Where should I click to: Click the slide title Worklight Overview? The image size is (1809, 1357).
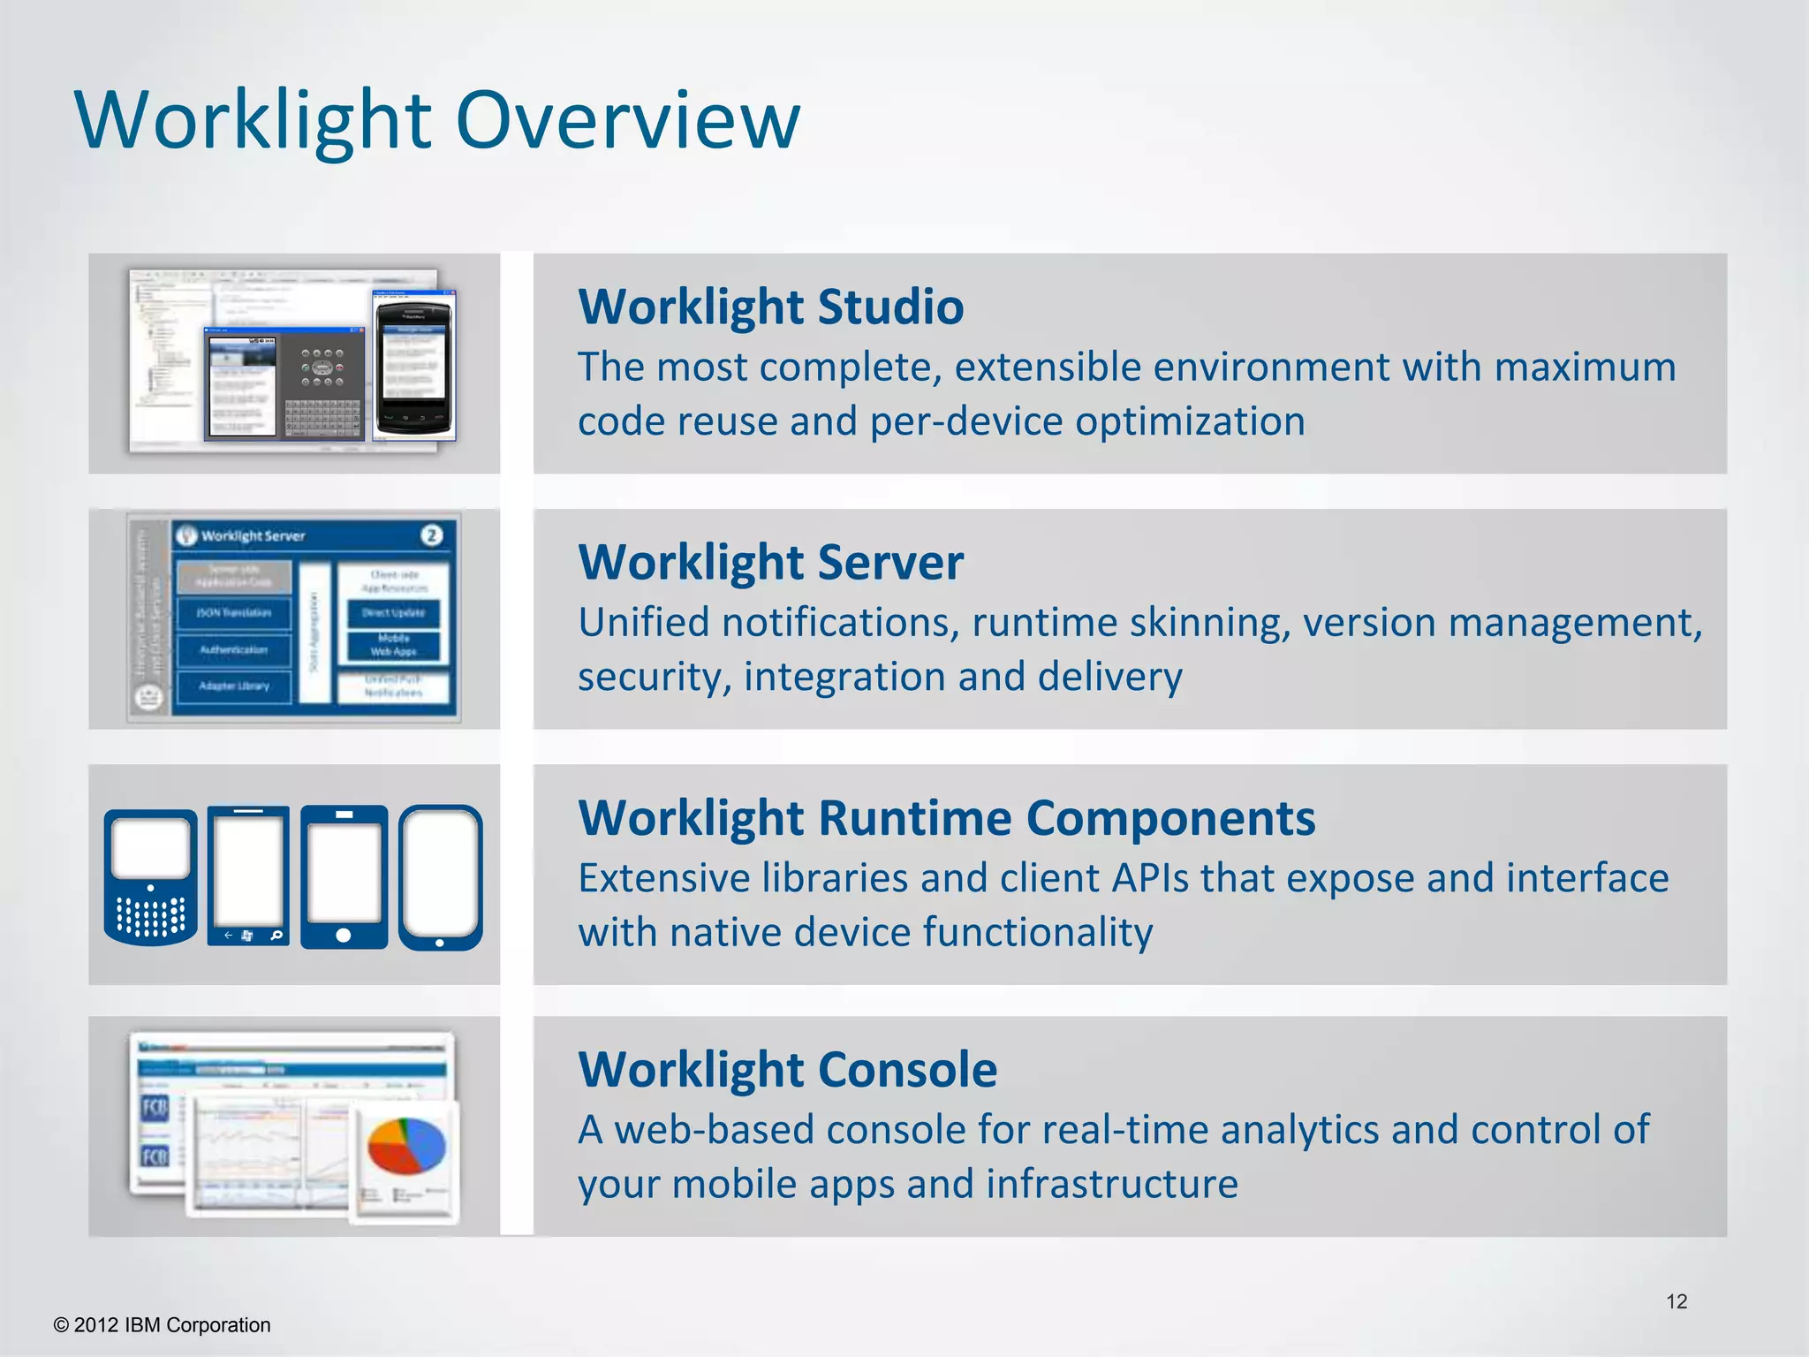[x=437, y=121]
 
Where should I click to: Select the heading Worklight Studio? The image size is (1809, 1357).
[x=770, y=307]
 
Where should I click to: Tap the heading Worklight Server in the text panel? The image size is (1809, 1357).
[x=770, y=563]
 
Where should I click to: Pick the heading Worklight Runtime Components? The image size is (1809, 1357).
[x=946, y=818]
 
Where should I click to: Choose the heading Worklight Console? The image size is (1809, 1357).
[x=787, y=1070]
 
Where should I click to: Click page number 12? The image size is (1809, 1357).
[x=1676, y=1301]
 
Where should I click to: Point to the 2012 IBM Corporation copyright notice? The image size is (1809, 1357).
[x=163, y=1325]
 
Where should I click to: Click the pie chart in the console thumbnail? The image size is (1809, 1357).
[x=406, y=1147]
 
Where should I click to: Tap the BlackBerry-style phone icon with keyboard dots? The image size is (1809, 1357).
[x=151, y=876]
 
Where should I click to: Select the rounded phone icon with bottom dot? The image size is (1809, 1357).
[x=440, y=876]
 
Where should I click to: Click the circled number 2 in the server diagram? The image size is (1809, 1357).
[x=431, y=535]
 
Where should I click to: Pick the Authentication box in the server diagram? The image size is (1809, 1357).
[x=233, y=650]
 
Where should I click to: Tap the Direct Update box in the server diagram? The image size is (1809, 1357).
[x=393, y=612]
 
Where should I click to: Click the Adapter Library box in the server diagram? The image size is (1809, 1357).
[x=233, y=686]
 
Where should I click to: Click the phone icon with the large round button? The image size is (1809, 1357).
[x=344, y=876]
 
